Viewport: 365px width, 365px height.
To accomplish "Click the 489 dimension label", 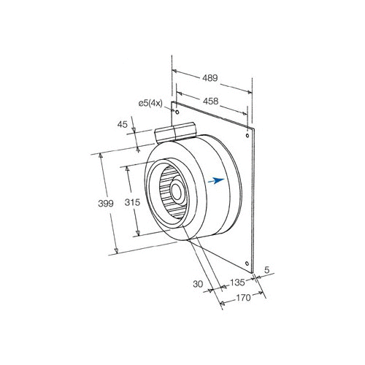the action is click(210, 78).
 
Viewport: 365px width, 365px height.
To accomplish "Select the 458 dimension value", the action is click(210, 101).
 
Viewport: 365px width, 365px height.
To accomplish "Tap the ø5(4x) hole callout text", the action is click(150, 104).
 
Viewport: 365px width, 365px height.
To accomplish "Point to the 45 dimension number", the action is click(122, 125).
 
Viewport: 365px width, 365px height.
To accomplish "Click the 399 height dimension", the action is click(106, 204).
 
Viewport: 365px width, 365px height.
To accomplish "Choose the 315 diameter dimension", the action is click(132, 202).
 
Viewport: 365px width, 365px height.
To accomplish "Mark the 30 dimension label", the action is click(198, 284).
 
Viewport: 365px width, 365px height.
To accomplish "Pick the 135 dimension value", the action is click(237, 283).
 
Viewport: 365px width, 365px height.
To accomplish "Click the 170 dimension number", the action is click(243, 298).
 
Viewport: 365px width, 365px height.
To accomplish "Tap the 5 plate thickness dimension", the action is click(267, 270).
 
